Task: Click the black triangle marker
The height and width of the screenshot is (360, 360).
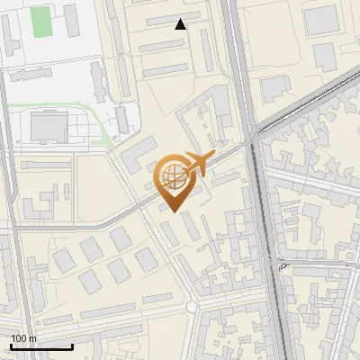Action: point(181,24)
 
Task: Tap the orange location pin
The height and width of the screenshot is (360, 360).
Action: point(173,183)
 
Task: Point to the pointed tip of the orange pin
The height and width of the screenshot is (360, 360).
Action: point(173,211)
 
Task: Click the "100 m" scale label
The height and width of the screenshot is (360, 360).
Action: point(24,337)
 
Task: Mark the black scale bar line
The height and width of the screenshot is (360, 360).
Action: point(41,346)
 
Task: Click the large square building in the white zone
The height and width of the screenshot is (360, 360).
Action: point(49,126)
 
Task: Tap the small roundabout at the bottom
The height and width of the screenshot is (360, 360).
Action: point(192,307)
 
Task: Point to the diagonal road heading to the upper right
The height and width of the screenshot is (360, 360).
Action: point(306,103)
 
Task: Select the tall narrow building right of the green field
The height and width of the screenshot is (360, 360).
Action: point(68,19)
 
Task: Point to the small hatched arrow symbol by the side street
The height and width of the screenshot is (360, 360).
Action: point(282,267)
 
